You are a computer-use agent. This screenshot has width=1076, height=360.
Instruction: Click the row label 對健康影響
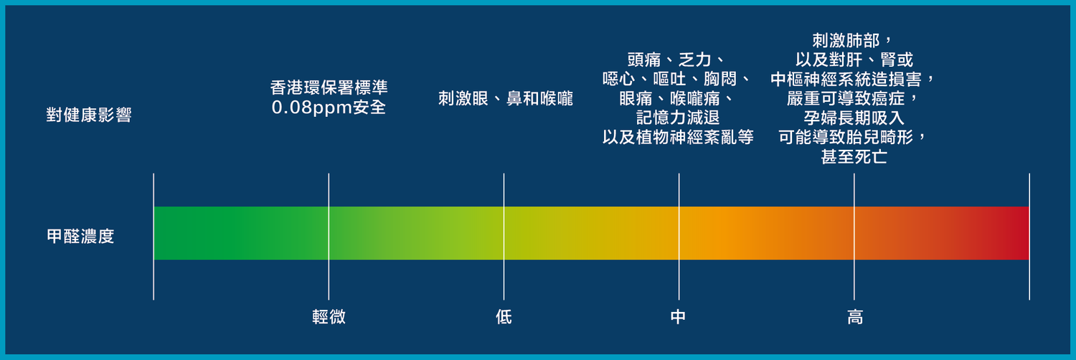point(89,115)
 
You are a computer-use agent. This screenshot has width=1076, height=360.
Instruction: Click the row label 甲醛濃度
point(80,236)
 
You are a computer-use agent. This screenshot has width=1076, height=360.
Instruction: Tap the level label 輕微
point(329,317)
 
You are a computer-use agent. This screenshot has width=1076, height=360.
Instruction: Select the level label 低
point(504,317)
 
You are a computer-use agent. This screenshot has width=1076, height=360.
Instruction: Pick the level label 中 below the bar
point(679,317)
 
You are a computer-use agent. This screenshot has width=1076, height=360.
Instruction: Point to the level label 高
point(855,317)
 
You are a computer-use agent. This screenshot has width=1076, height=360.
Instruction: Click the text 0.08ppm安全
point(329,107)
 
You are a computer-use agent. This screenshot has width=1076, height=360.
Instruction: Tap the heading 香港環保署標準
point(329,87)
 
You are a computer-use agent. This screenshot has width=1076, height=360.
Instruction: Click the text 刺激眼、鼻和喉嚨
point(506,98)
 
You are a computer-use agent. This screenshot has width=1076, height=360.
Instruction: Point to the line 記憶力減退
point(679,118)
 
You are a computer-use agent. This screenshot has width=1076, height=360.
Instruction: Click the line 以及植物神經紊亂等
point(679,137)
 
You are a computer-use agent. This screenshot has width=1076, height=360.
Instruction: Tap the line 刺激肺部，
point(853,40)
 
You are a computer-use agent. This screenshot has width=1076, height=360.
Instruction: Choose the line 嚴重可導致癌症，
point(854,98)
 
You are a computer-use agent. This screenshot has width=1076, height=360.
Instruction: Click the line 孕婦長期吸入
point(854,118)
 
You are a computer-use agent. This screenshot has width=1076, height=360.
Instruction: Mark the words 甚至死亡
point(854,157)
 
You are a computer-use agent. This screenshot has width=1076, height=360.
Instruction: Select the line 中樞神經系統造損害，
point(853,79)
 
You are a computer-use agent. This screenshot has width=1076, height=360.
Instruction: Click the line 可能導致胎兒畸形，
point(853,137)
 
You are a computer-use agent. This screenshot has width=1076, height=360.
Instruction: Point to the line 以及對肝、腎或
point(854,60)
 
